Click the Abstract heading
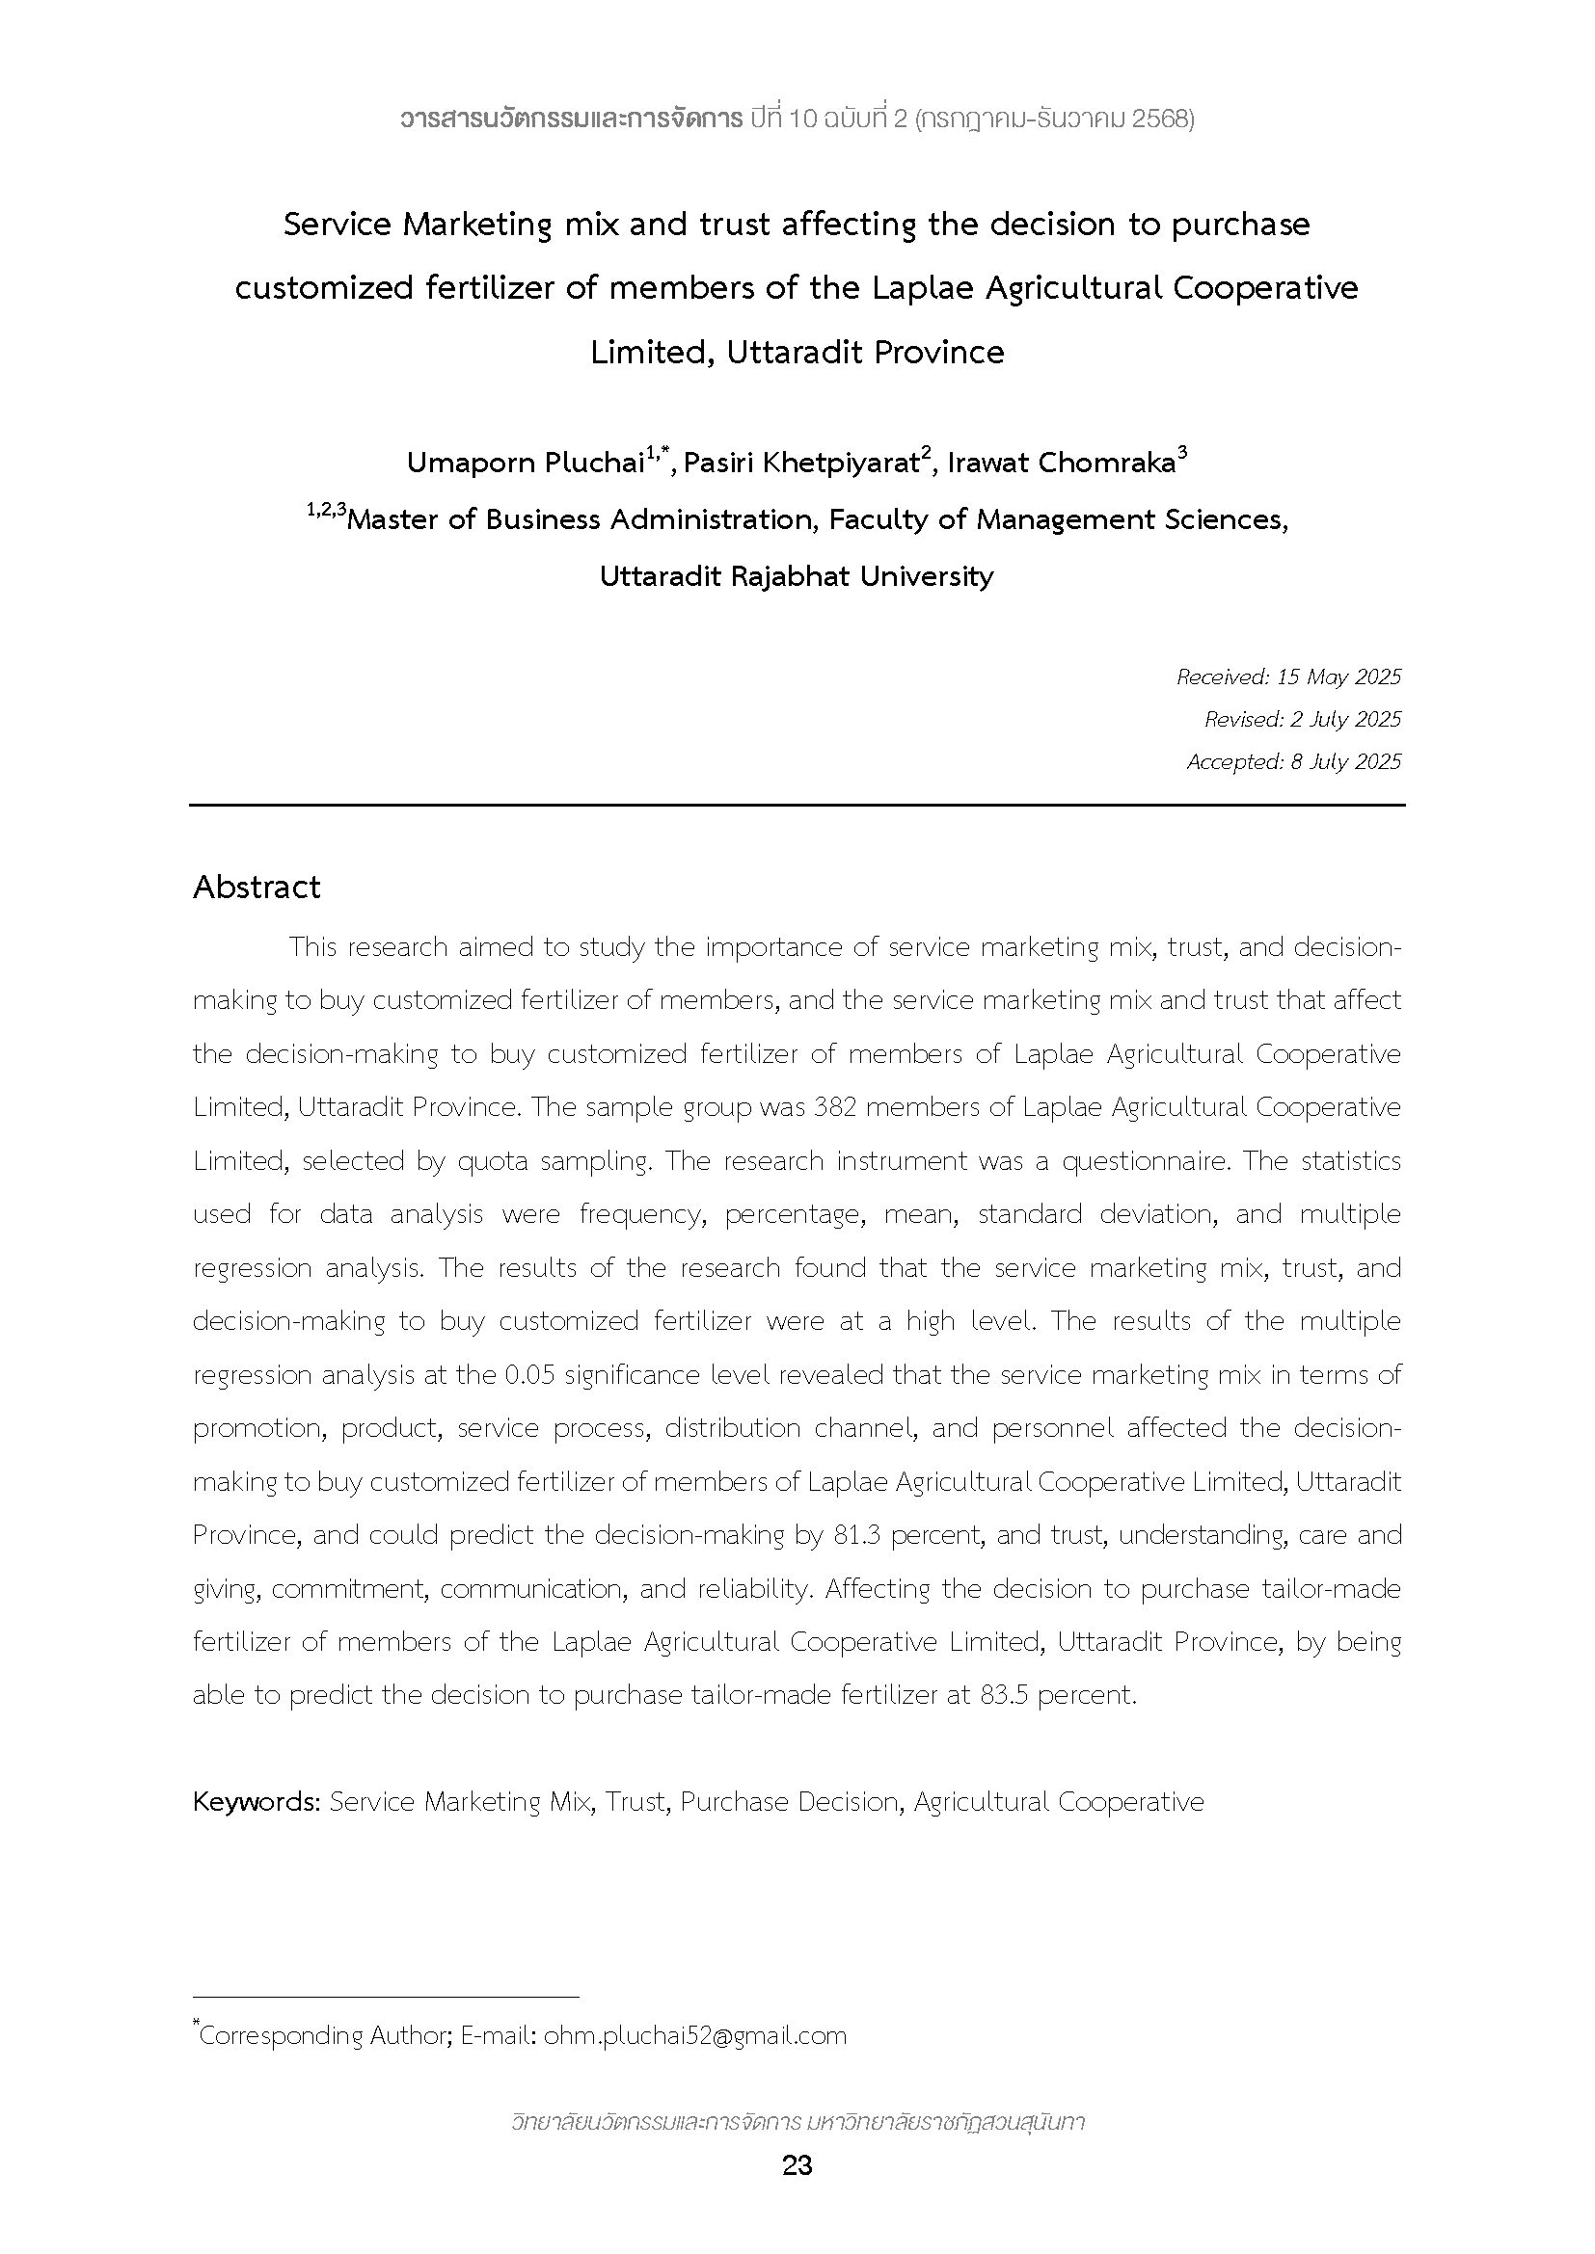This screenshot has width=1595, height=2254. tap(257, 888)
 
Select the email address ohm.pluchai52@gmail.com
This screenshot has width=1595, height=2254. tap(694, 2035)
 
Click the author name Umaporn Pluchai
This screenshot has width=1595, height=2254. tap(525, 463)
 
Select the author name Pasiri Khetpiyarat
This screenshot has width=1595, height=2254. tap(801, 463)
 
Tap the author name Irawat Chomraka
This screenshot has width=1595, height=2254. tap(1061, 463)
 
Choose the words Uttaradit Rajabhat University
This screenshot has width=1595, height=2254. tap(797, 576)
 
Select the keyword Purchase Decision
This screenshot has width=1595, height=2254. tap(791, 1801)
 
